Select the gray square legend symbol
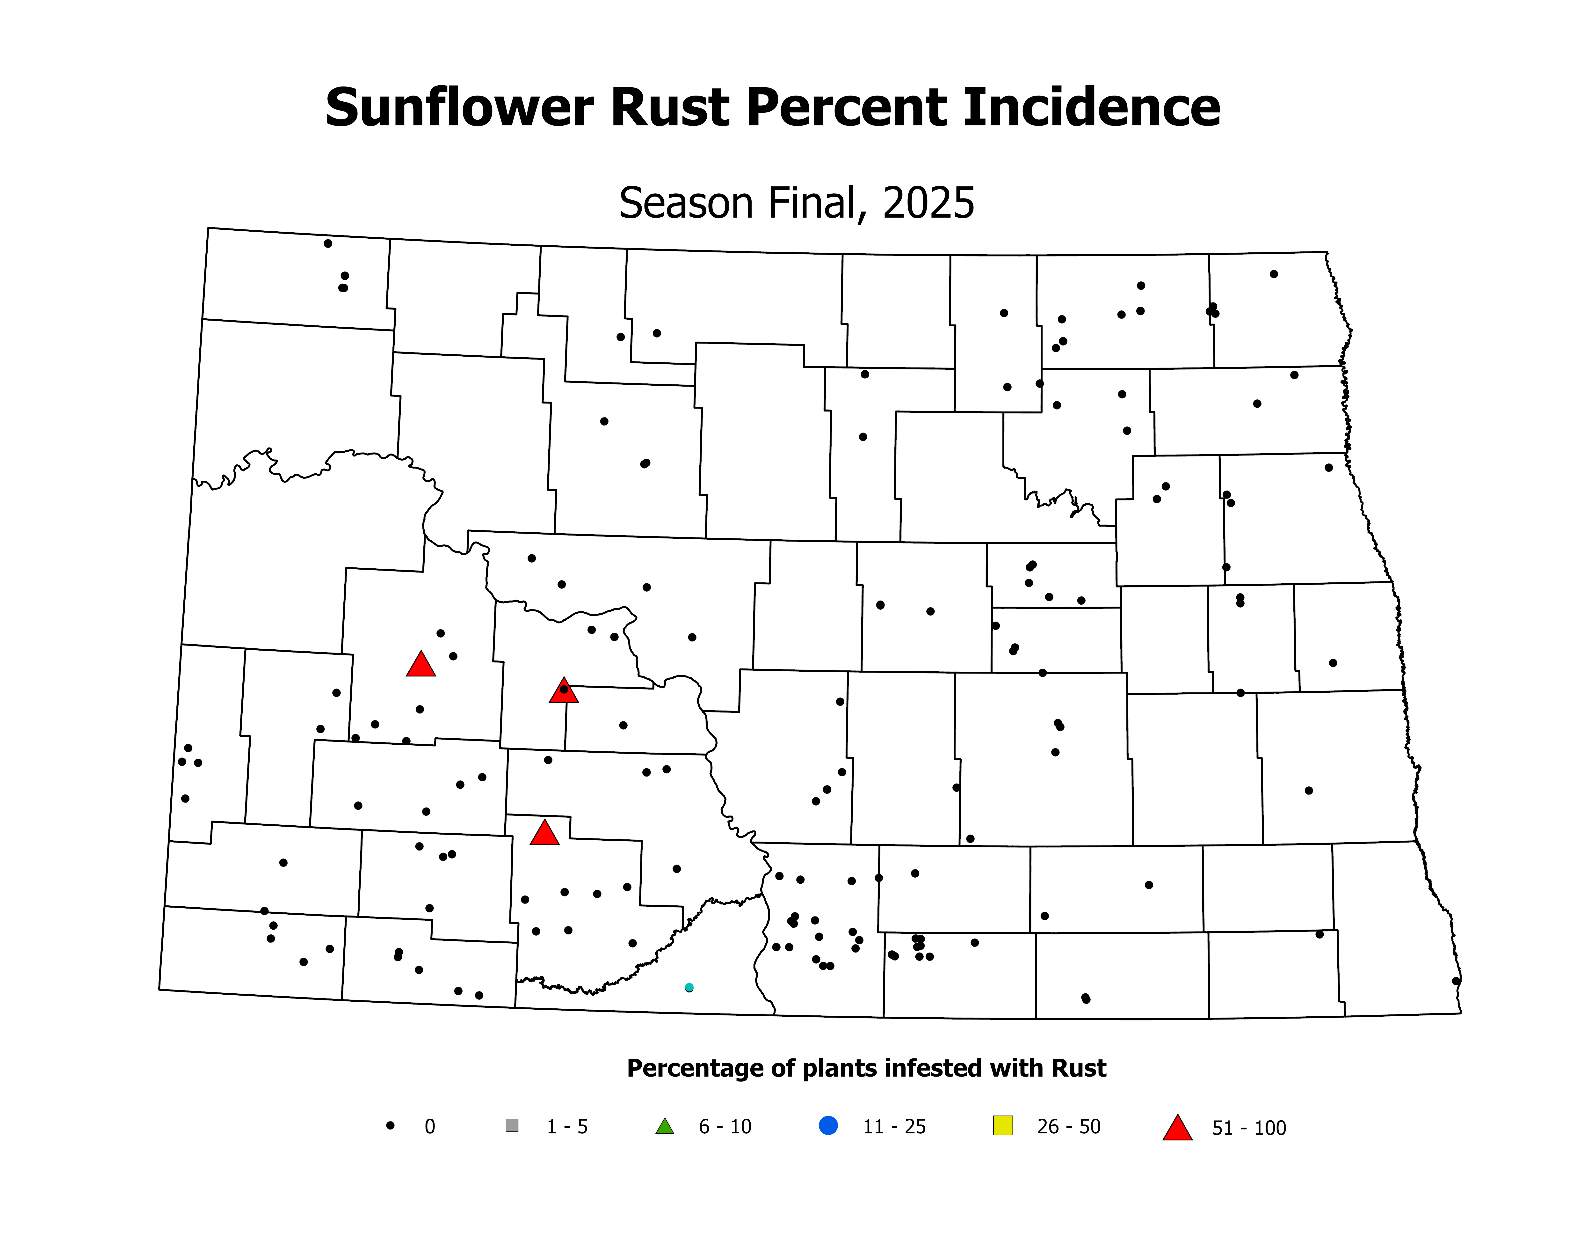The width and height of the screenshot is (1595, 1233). [512, 1126]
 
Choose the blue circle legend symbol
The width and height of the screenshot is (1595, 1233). [828, 1126]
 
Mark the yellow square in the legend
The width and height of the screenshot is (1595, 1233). [1003, 1126]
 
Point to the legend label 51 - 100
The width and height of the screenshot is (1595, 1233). [1249, 1128]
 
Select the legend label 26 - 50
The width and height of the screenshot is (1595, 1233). [1068, 1126]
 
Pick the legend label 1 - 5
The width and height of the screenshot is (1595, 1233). [567, 1126]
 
